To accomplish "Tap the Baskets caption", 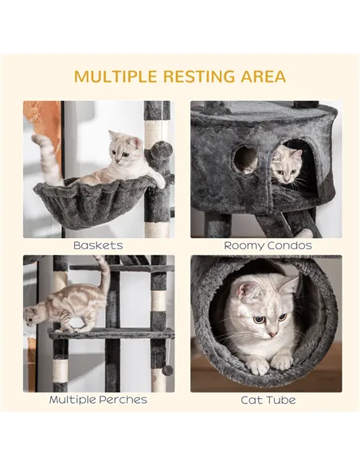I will pos(98,245).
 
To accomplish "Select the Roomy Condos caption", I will pos(267,245).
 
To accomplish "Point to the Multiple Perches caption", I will pos(98,399).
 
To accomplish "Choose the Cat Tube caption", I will pos(267,399).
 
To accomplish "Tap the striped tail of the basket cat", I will pos(48,155).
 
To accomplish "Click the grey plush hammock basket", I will pos(96,203).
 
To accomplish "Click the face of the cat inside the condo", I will pos(286,166).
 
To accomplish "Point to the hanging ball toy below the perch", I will pos(168,369).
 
